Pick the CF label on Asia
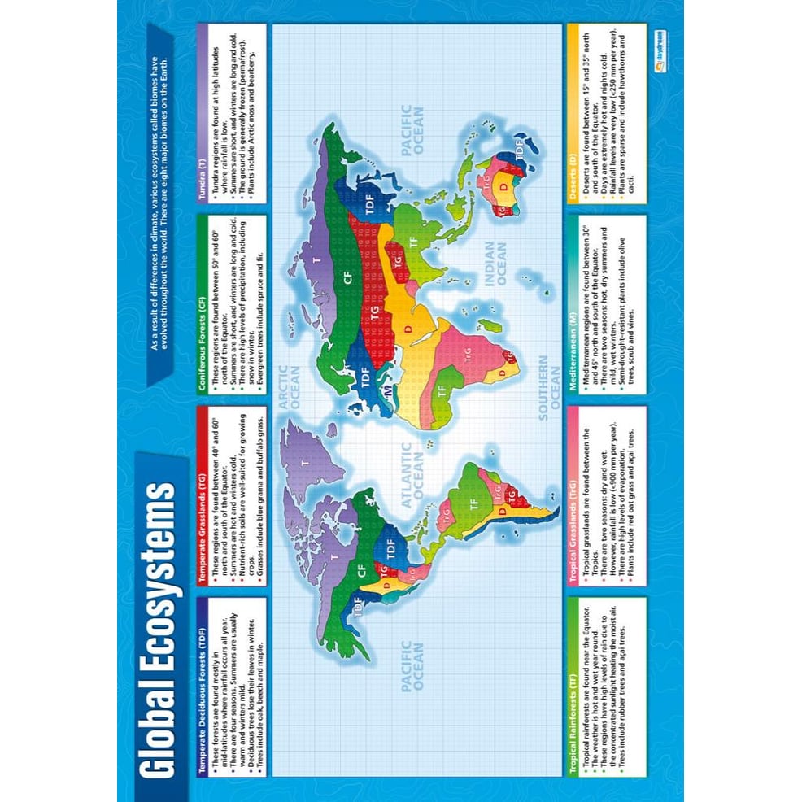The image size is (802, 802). [x=348, y=279]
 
